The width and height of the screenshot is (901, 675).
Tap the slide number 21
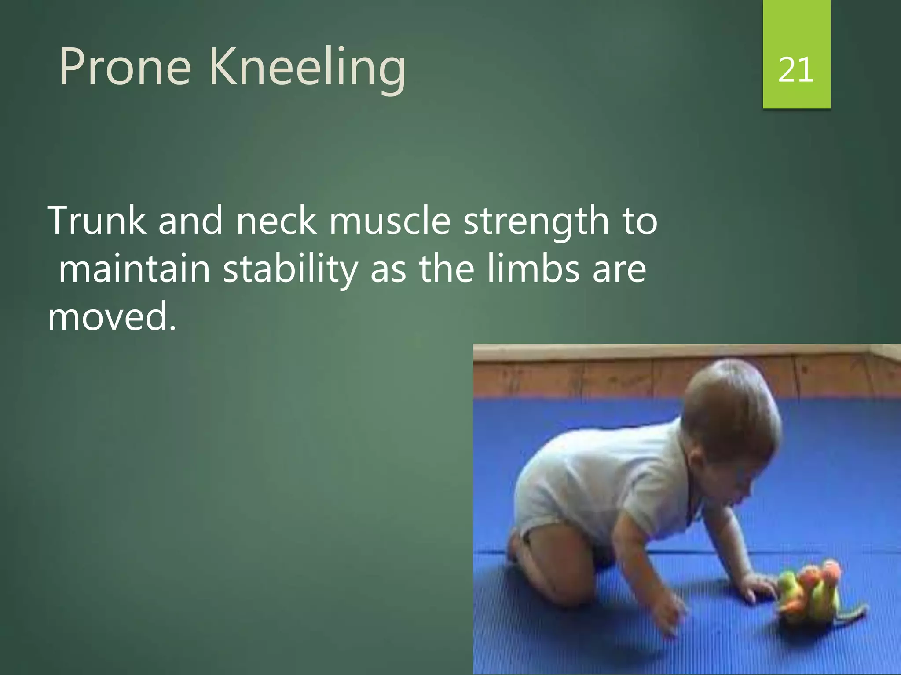pyautogui.click(x=795, y=70)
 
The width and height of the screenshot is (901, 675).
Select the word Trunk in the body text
pyautogui.click(x=97, y=221)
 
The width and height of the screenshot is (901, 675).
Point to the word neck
pyautogui.click(x=276, y=221)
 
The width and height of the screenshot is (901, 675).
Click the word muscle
pyautogui.click(x=390, y=221)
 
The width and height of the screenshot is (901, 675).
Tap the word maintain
pyautogui.click(x=134, y=269)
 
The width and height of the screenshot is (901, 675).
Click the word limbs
pyautogui.click(x=533, y=269)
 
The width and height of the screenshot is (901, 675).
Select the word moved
pyautogui.click(x=112, y=316)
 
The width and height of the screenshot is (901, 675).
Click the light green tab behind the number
pyautogui.click(x=796, y=26)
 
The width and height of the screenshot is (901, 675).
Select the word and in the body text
pyautogui.click(x=190, y=221)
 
